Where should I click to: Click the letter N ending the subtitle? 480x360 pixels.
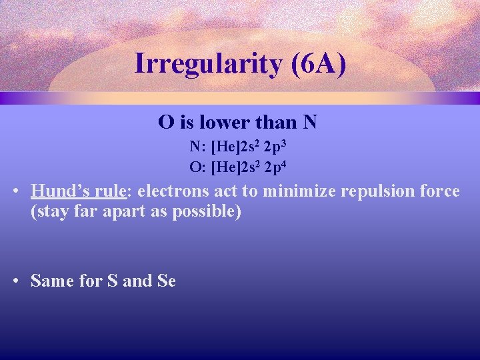coord(309,123)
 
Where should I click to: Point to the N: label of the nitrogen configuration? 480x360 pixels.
coord(197,147)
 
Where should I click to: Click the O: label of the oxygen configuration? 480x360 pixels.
coord(197,167)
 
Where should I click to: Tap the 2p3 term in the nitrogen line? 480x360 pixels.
coord(275,147)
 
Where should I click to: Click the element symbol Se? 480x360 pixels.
coord(167,281)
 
